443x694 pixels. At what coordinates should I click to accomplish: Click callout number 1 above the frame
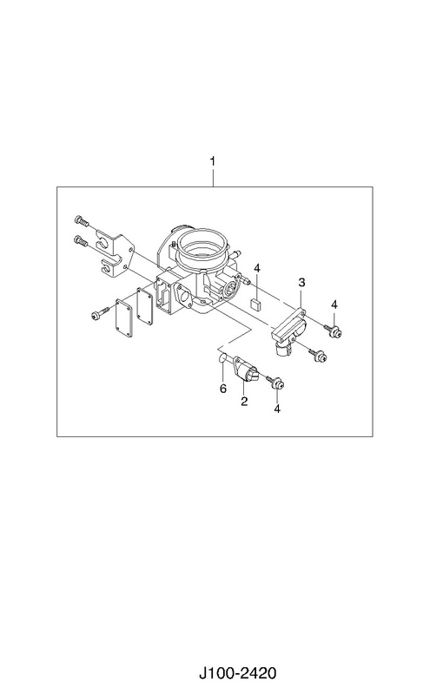pos(213,161)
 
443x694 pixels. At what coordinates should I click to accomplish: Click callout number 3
pos(301,283)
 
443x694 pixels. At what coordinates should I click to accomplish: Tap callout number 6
pos(223,389)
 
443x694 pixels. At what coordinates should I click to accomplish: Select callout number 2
pos(244,402)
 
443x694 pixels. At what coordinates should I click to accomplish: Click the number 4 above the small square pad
pos(257,268)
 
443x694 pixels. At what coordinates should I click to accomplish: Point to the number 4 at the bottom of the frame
pos(277,409)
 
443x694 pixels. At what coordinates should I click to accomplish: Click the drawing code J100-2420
pos(237,673)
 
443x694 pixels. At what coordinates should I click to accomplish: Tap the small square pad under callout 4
pos(256,304)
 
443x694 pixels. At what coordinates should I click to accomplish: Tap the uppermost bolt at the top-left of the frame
pos(82,220)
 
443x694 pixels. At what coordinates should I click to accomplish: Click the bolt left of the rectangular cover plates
pos(99,314)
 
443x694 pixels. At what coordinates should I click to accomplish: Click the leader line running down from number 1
pos(213,178)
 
